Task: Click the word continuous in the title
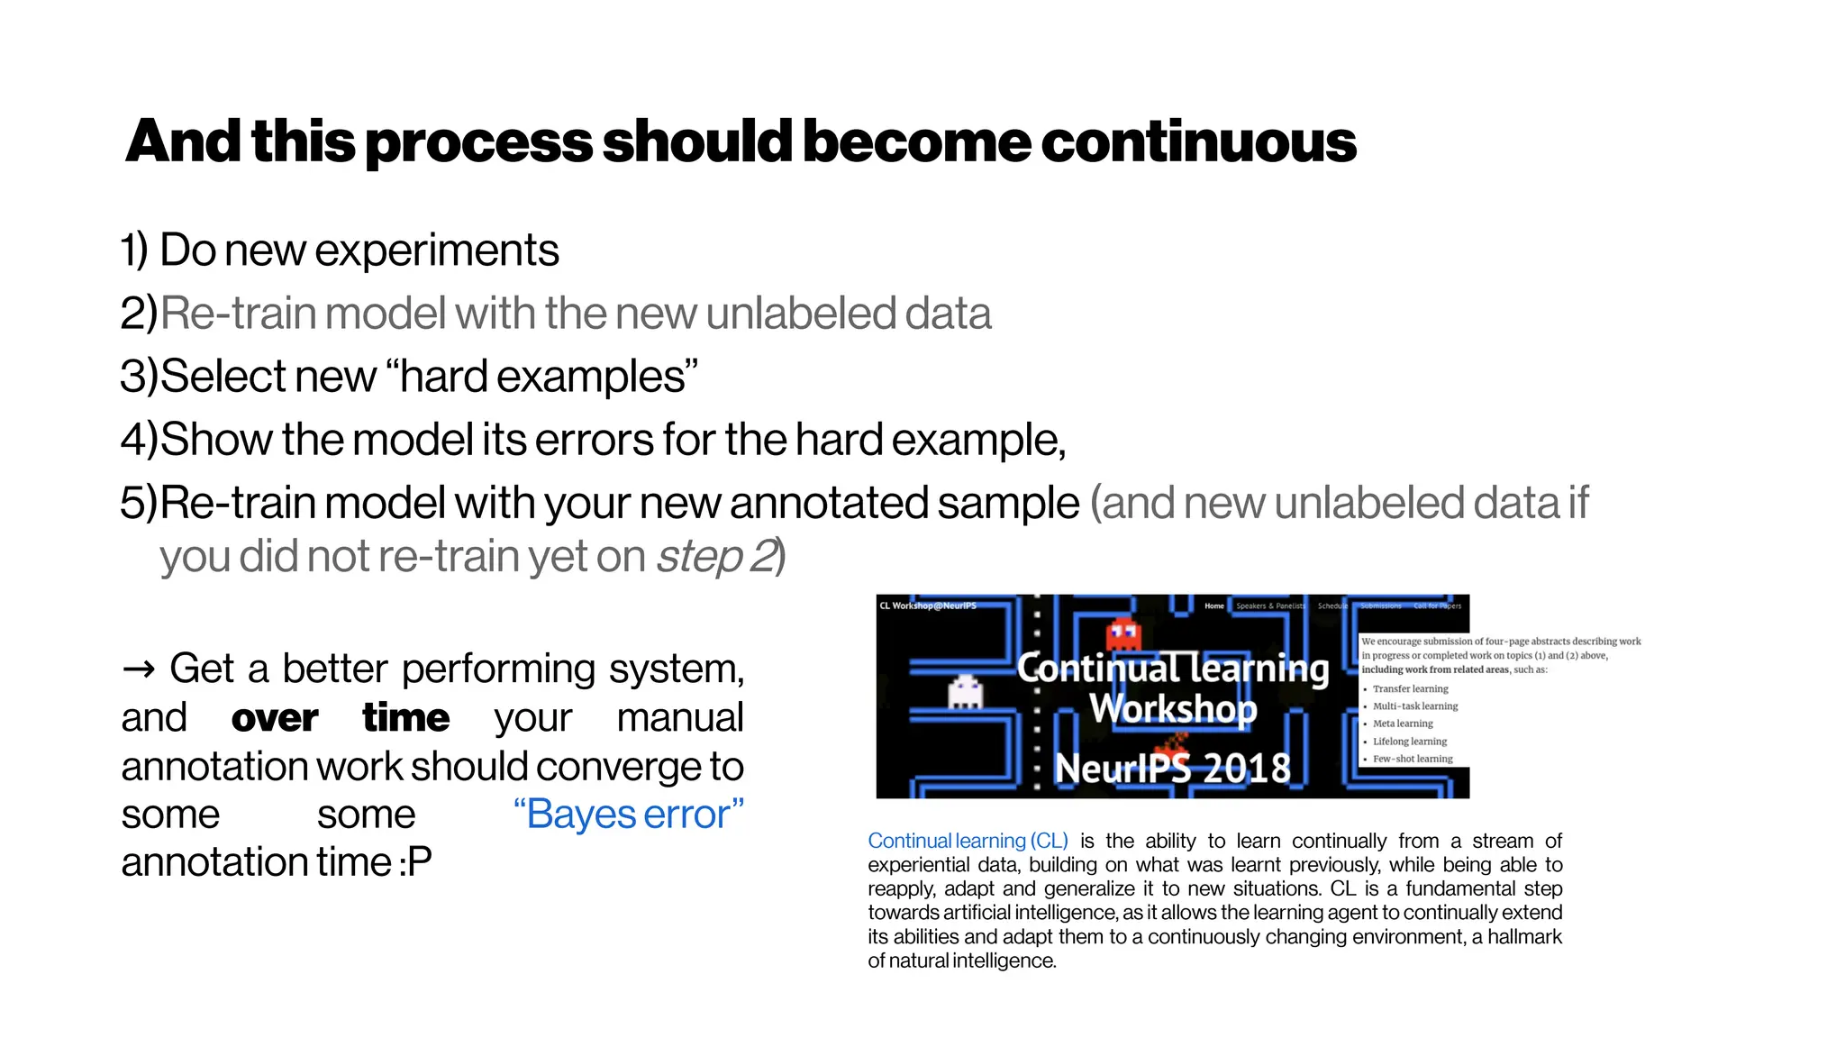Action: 1197,142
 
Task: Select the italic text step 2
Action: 716,557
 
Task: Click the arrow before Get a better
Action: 138,669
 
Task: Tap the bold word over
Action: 274,718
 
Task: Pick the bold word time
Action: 405,718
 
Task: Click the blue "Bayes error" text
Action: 628,815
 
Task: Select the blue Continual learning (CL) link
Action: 968,841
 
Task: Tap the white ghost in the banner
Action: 965,691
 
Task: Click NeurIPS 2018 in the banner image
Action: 1172,769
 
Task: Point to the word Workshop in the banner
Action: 1172,709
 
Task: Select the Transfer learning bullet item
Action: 1410,688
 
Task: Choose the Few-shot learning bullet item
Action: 1412,759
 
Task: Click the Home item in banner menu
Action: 1213,605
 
